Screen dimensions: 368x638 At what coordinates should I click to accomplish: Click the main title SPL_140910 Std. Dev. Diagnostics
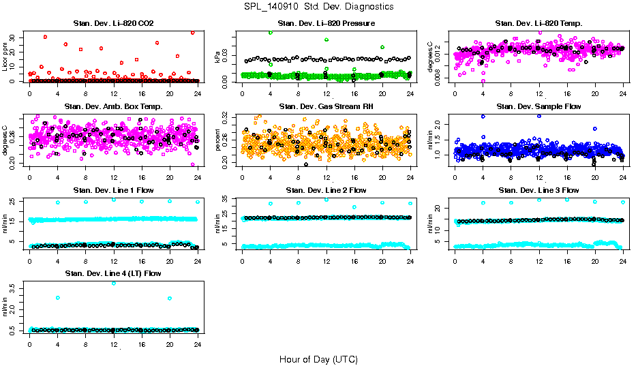(x=318, y=7)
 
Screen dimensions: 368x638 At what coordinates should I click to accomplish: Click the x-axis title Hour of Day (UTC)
(x=318, y=359)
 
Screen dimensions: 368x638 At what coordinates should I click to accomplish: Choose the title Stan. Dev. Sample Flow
(x=538, y=106)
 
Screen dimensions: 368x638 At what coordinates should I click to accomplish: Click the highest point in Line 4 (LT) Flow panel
(x=114, y=283)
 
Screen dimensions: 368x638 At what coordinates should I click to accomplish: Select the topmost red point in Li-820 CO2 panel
(x=193, y=33)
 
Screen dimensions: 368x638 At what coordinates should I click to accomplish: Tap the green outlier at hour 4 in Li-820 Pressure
(x=271, y=33)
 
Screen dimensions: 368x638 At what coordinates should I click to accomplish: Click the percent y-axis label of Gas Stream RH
(x=218, y=140)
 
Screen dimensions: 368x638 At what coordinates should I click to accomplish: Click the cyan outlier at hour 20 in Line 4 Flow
(x=169, y=298)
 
